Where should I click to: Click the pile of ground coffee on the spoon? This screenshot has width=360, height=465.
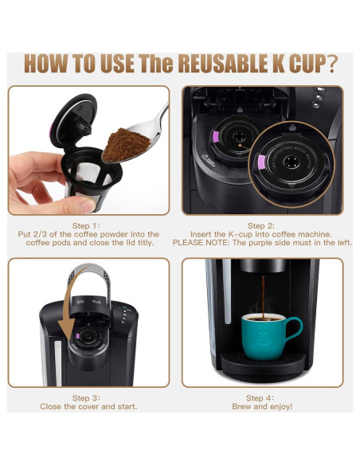(x=126, y=144)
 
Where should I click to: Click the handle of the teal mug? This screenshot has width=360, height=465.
(x=295, y=328)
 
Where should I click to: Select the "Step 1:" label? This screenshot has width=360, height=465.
(x=86, y=226)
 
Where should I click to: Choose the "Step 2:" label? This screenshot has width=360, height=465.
(x=261, y=226)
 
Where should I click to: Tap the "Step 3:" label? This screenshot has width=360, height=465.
(x=86, y=398)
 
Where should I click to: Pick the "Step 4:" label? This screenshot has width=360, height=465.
(x=260, y=398)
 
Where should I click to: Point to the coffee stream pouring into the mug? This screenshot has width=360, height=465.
(x=263, y=296)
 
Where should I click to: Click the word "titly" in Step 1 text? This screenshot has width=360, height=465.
(x=146, y=243)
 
